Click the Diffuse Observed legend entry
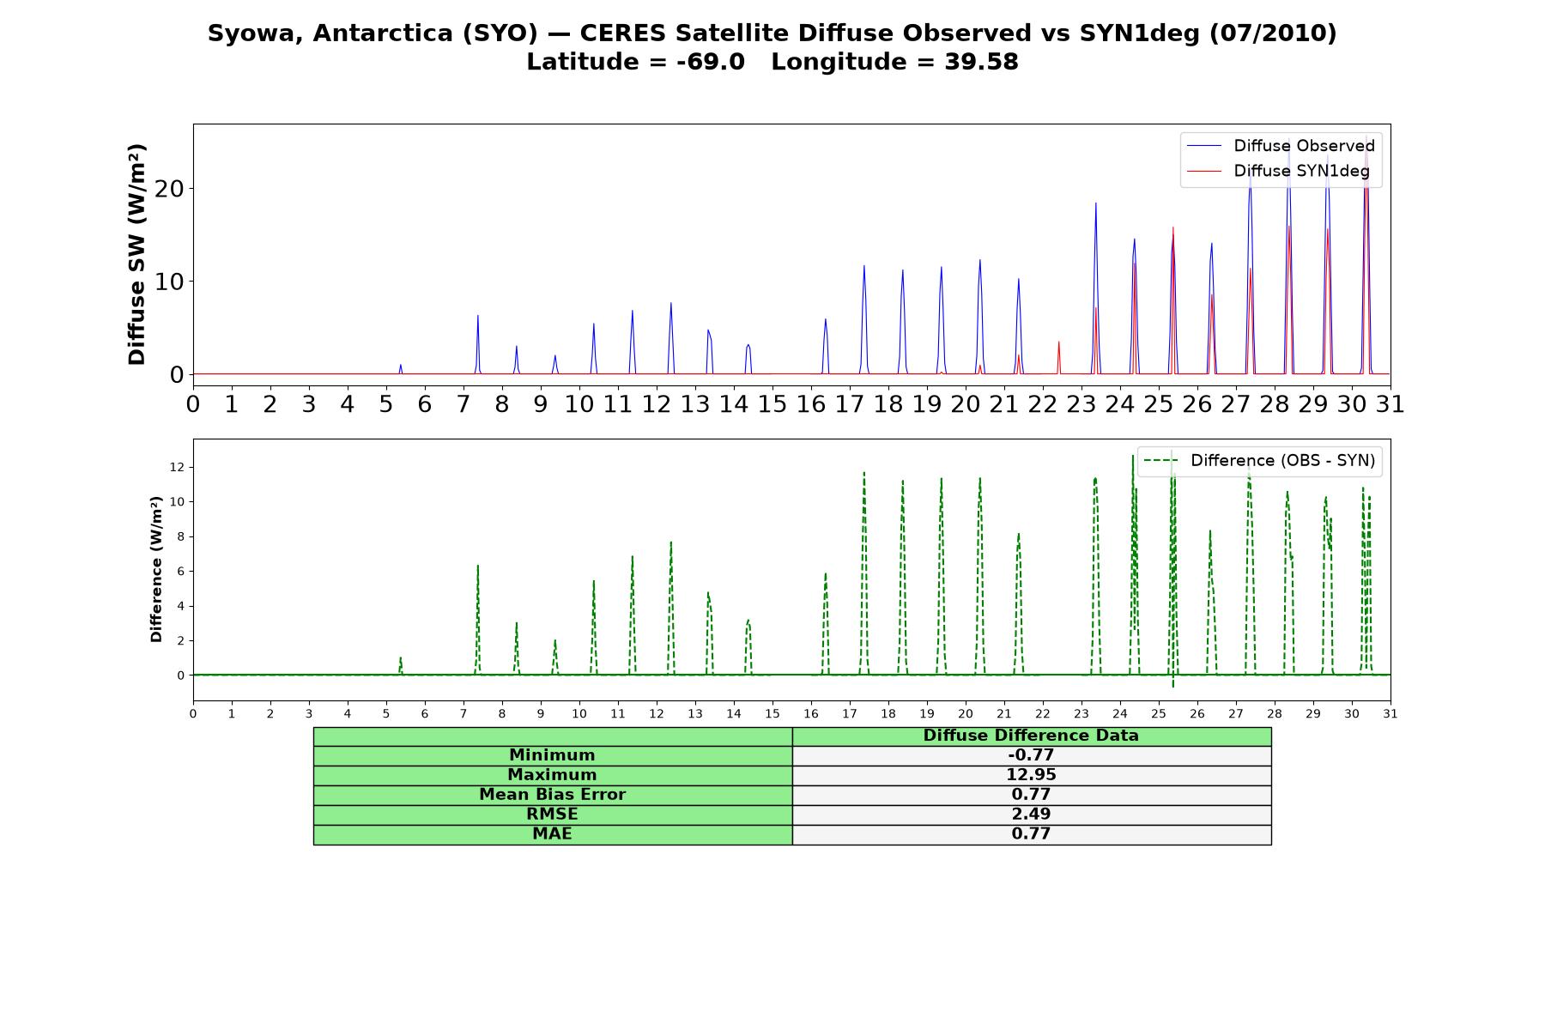[1281, 146]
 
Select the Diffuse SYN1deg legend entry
[1278, 171]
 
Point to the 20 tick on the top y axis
[169, 189]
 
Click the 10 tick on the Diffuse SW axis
[169, 282]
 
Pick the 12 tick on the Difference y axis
[178, 467]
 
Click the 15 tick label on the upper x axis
[772, 404]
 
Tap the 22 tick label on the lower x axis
[1043, 714]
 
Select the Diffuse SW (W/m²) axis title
[136, 255]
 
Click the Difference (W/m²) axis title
[156, 569]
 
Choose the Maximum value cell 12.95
[1031, 775]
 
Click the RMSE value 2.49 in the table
[1031, 815]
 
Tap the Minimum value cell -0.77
[1031, 755]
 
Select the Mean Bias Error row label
[552, 795]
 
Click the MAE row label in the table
[552, 834]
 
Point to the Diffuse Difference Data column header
[1031, 736]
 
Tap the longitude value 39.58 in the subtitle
[981, 62]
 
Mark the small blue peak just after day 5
[401, 369]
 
